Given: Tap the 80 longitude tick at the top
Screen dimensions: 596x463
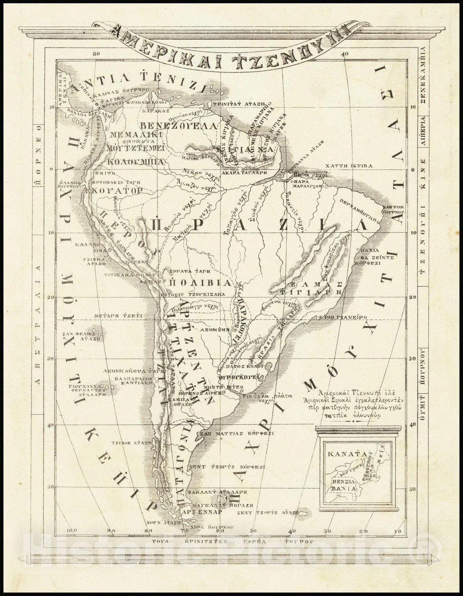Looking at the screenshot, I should click(x=96, y=54).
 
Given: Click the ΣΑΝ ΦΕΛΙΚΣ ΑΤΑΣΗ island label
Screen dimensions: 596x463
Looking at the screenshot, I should click(x=84, y=335).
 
